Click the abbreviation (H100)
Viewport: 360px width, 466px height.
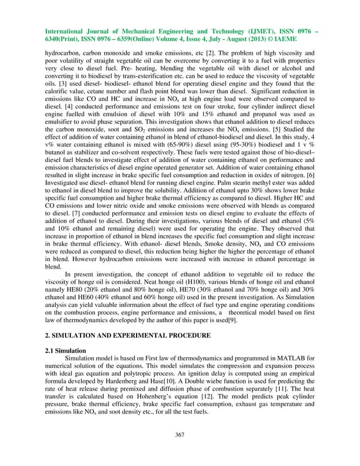pyautogui.click(x=197, y=291)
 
